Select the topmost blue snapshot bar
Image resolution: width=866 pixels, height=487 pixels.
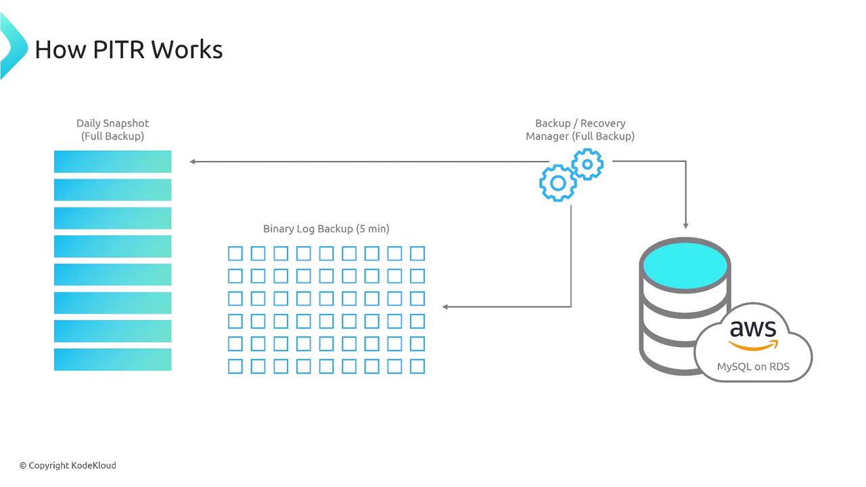point(112,162)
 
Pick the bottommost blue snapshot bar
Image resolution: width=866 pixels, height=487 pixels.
point(112,359)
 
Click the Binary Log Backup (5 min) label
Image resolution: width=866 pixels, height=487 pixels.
point(326,229)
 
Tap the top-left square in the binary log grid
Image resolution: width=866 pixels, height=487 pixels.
point(235,254)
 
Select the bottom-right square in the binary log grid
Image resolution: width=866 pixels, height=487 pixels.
point(417,367)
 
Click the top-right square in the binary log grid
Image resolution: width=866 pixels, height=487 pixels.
point(417,254)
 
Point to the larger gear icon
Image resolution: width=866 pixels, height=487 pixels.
point(557,183)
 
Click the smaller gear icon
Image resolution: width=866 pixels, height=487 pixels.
point(587,164)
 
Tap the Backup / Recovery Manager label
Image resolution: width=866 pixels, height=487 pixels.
point(580,129)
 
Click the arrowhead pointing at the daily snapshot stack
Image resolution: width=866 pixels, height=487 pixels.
point(193,162)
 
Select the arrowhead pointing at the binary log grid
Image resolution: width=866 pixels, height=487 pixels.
point(445,306)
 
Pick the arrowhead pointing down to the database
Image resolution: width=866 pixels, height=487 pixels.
point(686,225)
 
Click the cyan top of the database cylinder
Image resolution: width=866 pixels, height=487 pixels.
point(685,264)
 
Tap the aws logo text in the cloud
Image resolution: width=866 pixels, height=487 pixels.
point(752,329)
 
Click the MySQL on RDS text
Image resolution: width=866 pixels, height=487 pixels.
point(753,367)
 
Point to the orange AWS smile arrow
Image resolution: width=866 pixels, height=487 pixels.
point(753,346)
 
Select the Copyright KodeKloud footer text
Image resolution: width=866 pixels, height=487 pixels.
point(68,465)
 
